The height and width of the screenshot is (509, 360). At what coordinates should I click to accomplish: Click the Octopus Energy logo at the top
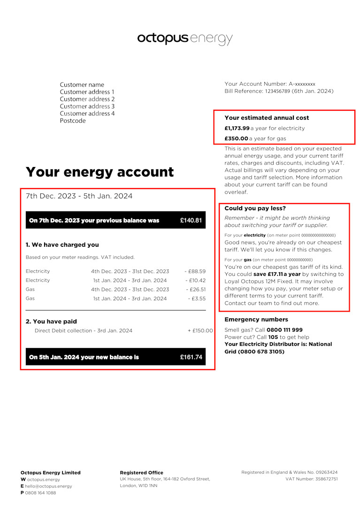pos(184,38)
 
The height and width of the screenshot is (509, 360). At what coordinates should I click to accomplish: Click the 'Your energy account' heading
pos(100,172)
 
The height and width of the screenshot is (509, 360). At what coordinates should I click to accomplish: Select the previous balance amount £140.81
pos(191,220)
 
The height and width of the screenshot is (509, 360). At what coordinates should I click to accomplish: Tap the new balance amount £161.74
pos(191,357)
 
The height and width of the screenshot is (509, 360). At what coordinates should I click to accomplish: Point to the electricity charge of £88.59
pos(195,271)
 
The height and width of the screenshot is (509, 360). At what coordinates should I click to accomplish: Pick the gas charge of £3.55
pos(197,298)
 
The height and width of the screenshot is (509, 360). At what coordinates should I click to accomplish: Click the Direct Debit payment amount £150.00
pos(200,331)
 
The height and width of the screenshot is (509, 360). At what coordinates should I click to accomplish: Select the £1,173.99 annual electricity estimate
pos(237,128)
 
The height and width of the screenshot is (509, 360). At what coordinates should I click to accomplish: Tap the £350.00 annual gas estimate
pos(236,138)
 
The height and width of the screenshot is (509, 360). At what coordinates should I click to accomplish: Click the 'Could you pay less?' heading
pos(255,208)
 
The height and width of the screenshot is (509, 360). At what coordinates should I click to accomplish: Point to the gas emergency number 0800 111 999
pos(284,330)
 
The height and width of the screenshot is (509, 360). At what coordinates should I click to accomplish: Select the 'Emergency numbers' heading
pos(256,319)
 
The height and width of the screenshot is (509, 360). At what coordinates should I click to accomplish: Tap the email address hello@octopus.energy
pos(48,486)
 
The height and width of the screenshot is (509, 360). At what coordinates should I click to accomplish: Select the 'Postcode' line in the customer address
pos(73,121)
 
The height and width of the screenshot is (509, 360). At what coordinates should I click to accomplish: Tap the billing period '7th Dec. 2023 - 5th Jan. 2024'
pos(79,196)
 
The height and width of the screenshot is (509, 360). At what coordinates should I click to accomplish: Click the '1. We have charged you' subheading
pos(62,244)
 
